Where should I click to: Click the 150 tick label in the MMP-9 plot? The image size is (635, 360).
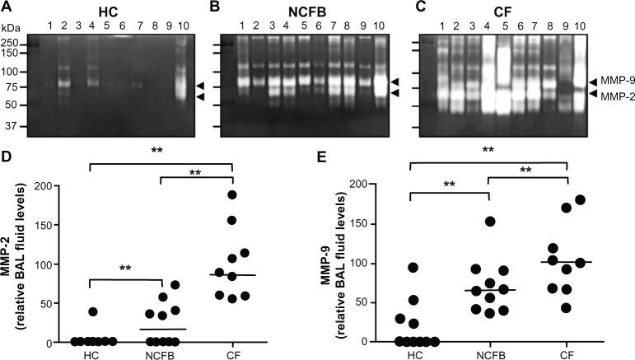tap(377, 222)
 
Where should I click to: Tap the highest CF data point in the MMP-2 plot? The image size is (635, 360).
tap(231, 194)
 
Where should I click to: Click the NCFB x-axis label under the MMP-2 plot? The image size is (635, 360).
tap(156, 353)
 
